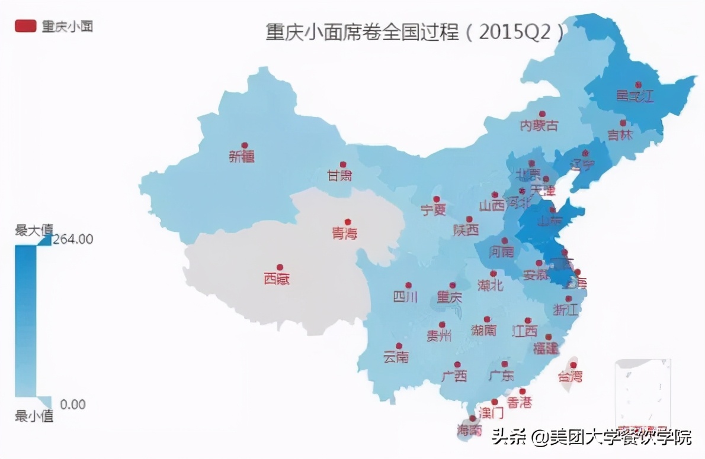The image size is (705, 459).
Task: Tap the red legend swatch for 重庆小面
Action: pos(25,26)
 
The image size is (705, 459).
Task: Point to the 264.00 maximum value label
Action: pos(73,239)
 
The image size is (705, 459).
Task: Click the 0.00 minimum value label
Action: pos(73,405)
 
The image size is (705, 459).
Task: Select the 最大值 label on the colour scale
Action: pos(34,229)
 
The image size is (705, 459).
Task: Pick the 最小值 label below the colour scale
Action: pos(34,416)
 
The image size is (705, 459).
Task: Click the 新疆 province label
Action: pos(242,157)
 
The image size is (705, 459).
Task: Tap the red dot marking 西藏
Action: pos(280,267)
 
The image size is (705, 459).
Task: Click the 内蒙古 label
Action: pos(539,125)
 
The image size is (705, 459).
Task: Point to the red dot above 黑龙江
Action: pos(638,85)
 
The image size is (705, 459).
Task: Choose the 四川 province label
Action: pos(406,296)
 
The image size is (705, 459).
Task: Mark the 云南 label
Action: pos(396,357)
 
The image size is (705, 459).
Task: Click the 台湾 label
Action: pos(570,376)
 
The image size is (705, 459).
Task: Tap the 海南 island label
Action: pos(470,430)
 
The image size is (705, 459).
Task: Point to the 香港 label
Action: pos(520,402)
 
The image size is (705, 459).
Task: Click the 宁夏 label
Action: pos(433,209)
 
